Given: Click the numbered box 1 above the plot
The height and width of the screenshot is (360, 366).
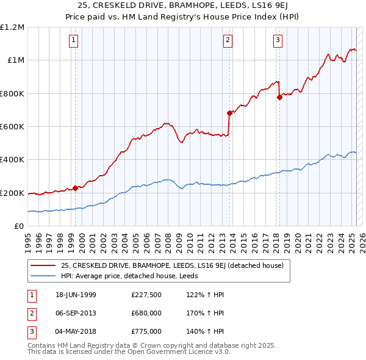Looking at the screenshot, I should tap(73, 41).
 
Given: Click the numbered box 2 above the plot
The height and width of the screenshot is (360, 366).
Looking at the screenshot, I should tap(227, 41).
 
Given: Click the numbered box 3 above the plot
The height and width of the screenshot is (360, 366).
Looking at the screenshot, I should tap(278, 41).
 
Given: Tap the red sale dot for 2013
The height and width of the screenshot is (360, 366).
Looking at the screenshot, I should tap(229, 113).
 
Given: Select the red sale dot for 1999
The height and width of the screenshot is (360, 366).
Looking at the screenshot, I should tap(76, 188).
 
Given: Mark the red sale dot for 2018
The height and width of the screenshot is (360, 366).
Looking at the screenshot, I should tap(279, 98).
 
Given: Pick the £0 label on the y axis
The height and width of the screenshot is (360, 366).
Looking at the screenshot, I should tap(20, 226).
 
